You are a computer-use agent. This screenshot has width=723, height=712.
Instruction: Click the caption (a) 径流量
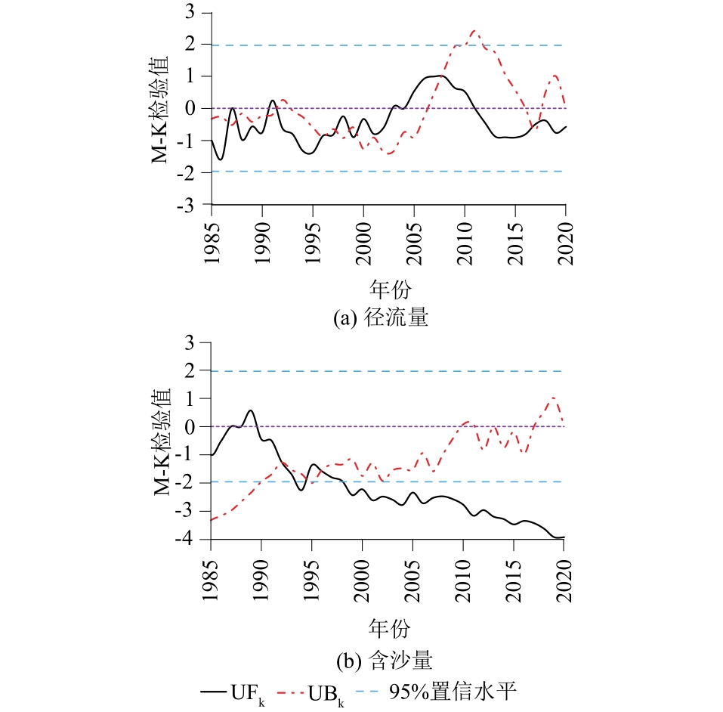(381, 318)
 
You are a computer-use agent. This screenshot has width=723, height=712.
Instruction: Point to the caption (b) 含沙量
(381, 661)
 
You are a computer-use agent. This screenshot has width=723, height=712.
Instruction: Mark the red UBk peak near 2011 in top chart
(474, 31)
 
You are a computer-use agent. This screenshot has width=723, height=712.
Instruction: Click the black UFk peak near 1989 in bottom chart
(251, 410)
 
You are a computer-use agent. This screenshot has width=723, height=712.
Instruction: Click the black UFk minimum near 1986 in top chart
(221, 159)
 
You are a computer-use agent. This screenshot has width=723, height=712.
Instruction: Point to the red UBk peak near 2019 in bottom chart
(554, 398)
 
